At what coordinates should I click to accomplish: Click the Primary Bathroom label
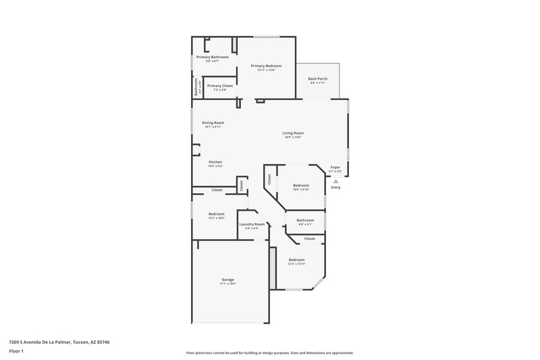213,57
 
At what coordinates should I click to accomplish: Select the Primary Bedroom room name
266,66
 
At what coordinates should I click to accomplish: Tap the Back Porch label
317,79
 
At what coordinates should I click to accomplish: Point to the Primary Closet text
219,86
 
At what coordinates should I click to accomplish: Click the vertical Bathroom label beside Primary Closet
196,88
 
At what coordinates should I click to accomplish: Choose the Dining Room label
213,122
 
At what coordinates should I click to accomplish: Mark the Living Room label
293,133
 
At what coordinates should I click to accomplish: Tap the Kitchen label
215,162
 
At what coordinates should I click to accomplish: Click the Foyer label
335,168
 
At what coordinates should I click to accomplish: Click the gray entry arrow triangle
335,181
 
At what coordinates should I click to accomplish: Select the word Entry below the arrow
335,188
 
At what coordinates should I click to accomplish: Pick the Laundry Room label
252,224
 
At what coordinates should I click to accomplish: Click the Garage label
228,280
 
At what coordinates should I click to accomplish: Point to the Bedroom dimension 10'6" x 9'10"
301,190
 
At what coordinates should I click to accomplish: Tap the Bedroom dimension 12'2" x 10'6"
217,218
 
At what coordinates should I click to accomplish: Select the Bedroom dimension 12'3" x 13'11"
297,264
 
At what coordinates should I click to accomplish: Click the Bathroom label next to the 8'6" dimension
305,220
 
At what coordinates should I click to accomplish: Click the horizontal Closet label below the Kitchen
217,190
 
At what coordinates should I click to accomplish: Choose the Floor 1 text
17,352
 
